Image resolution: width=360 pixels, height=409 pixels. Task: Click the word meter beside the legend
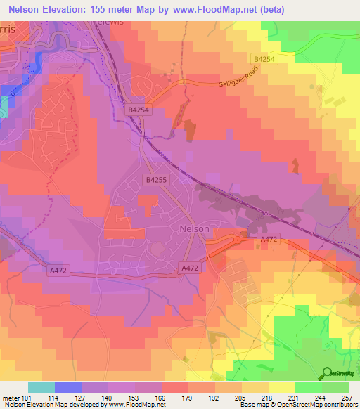pos(10,398)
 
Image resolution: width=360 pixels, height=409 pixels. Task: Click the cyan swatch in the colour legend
pos(41,388)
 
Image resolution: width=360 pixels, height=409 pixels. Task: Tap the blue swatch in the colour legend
pos(68,388)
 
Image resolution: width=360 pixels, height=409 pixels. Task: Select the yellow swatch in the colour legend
pos(281,388)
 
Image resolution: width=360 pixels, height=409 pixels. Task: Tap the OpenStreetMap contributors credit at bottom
pos(309,405)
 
